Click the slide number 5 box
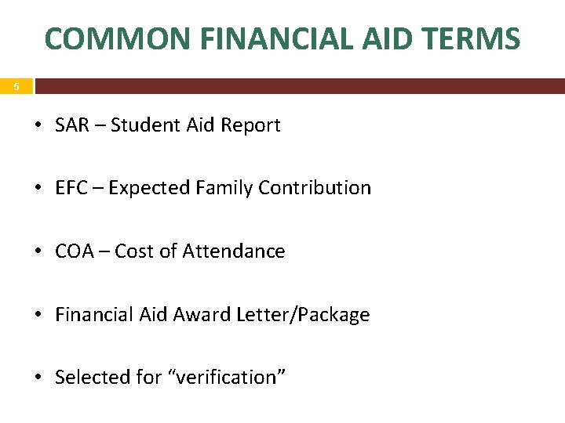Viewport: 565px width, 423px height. pos(16,87)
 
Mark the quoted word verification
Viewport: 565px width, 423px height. pos(227,378)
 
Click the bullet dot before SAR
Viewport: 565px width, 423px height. pos(39,126)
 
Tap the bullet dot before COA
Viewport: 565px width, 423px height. pos(39,252)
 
